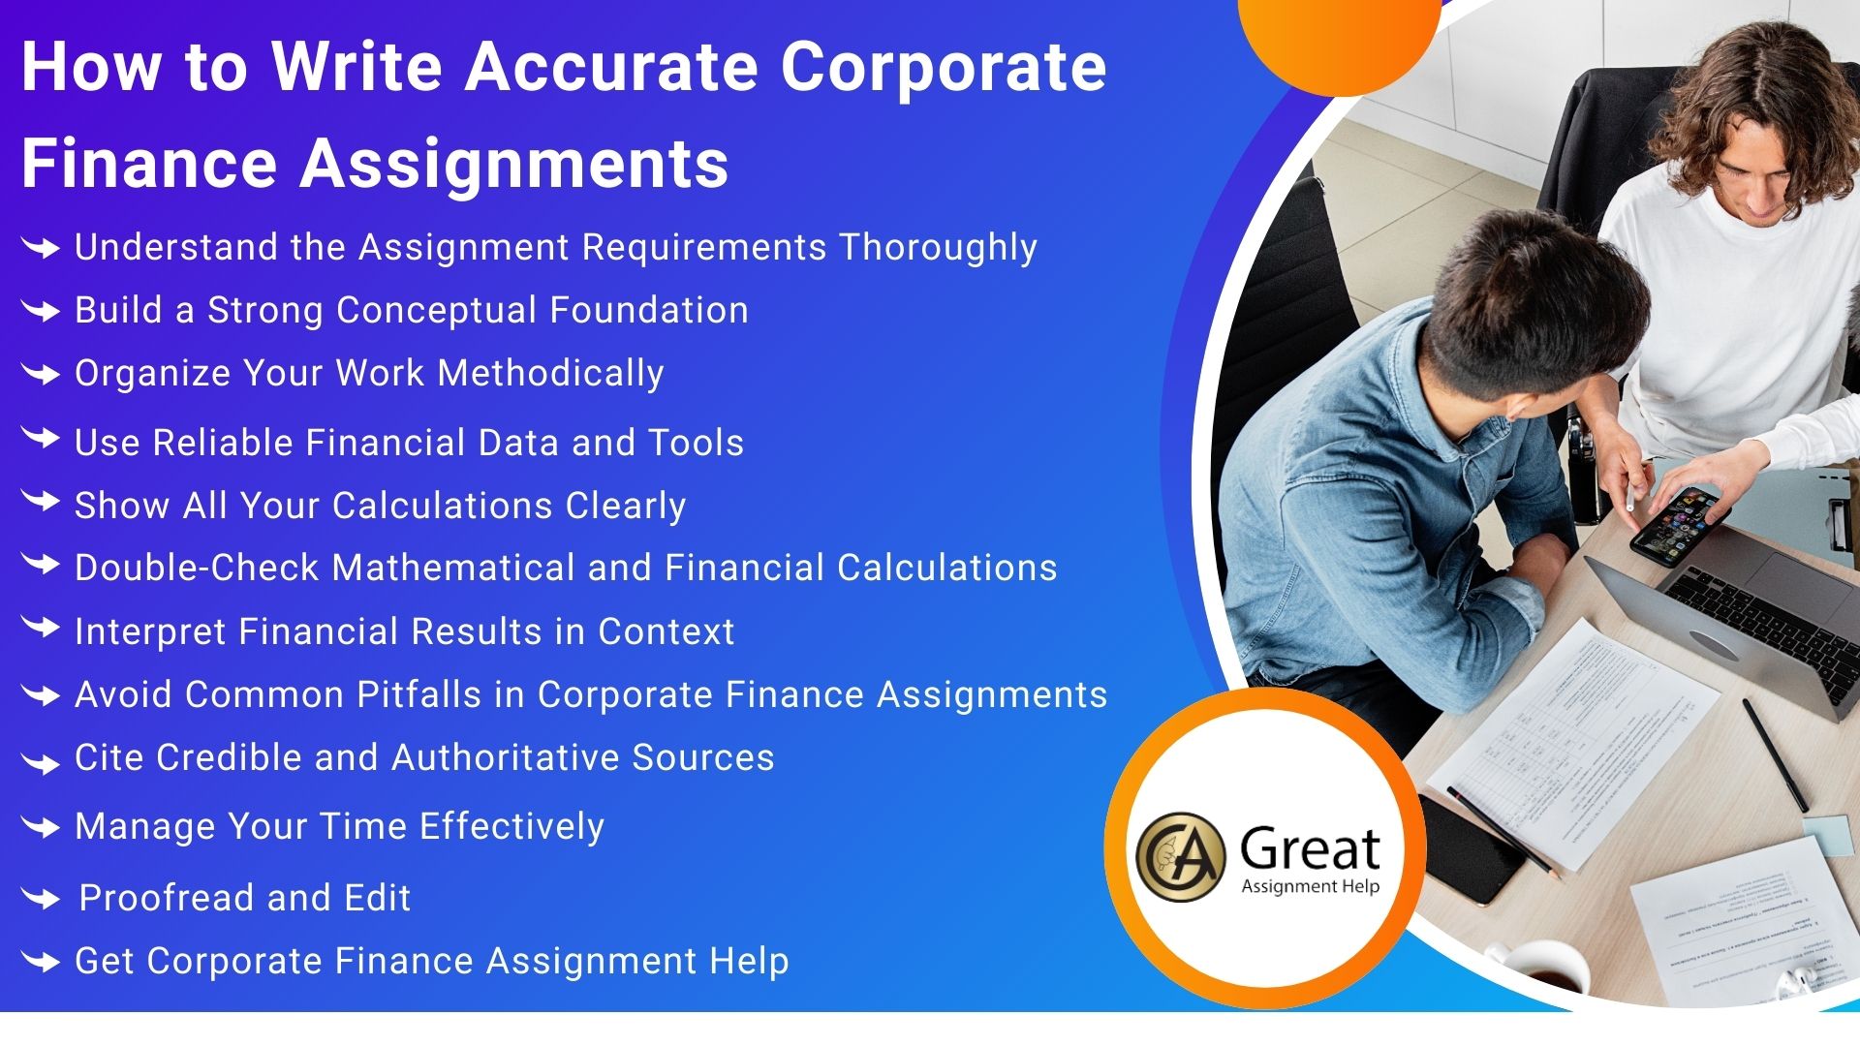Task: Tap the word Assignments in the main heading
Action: (x=513, y=164)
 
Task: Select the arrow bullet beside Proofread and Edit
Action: (x=41, y=899)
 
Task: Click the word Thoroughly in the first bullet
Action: (x=938, y=248)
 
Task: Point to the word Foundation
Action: (x=649, y=310)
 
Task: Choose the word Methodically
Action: (x=550, y=374)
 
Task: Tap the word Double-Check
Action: (x=197, y=568)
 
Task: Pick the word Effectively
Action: (x=511, y=827)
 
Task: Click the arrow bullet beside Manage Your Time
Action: (x=41, y=828)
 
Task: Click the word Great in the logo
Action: (x=1310, y=849)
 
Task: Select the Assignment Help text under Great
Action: (x=1310, y=886)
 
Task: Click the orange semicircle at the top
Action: (x=1339, y=39)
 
